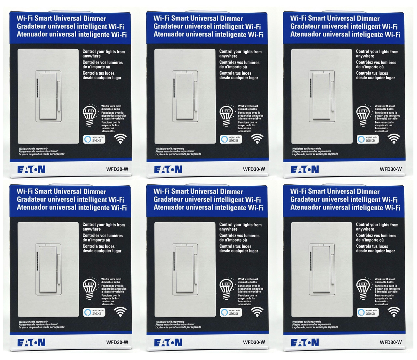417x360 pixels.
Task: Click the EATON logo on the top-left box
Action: click(31, 169)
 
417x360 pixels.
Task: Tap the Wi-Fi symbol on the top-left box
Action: click(121, 139)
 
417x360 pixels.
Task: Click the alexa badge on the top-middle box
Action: click(231, 139)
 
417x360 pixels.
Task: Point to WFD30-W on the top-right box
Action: click(391, 169)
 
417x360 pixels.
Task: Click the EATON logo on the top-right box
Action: click(305, 169)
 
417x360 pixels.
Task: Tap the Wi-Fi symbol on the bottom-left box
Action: click(121, 312)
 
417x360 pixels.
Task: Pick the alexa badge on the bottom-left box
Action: click(94, 312)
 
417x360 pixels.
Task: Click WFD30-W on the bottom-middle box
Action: click(254, 342)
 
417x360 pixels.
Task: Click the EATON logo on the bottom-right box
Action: click(305, 342)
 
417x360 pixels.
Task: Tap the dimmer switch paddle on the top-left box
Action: click(48, 96)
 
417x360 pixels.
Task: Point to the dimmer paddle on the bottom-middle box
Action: click(185, 269)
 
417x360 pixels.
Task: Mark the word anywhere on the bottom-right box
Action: click(365, 229)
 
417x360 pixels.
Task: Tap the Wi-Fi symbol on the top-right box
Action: click(394, 139)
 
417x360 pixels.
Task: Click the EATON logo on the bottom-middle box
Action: click(168, 342)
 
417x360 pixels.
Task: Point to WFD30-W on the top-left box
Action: click(117, 169)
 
